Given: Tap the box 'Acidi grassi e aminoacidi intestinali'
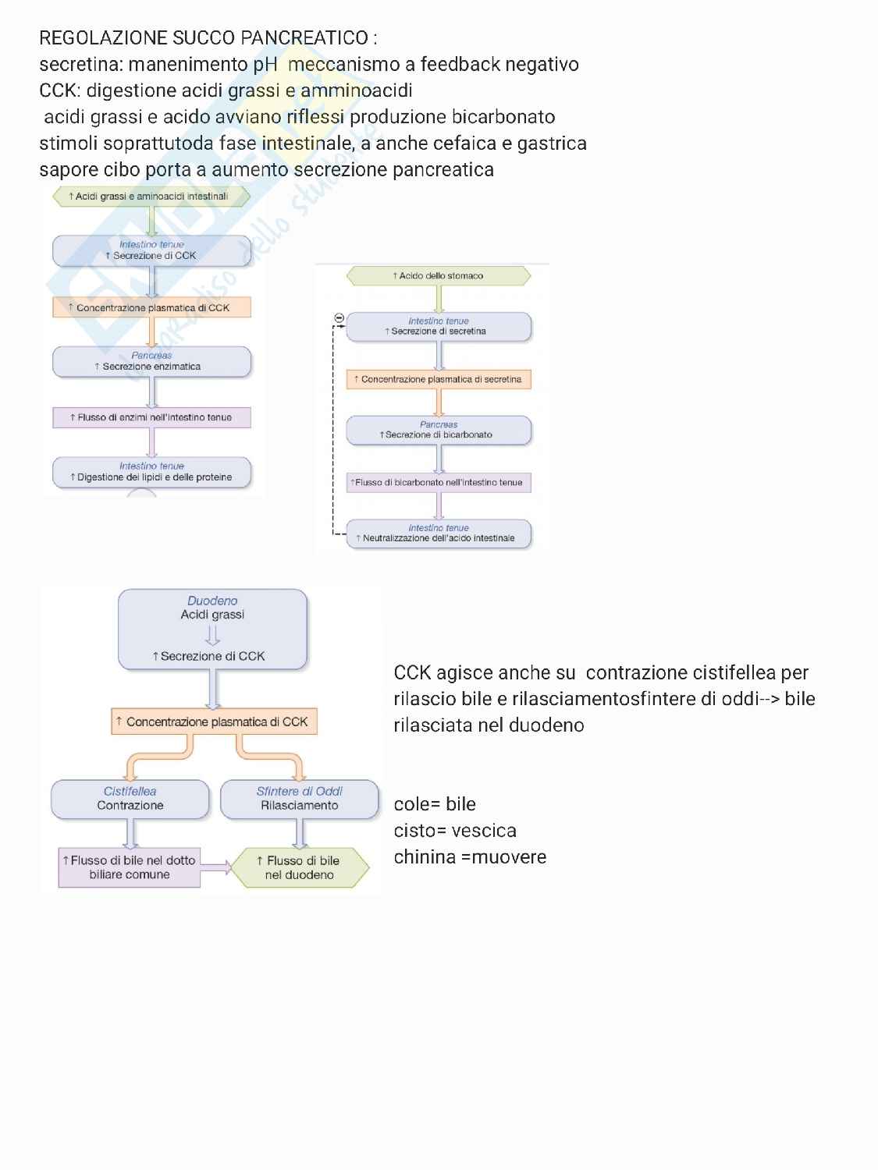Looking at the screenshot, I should pos(151,197).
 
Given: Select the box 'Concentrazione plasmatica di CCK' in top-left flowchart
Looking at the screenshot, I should pos(151,307).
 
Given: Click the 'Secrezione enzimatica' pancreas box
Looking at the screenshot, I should pos(151,361).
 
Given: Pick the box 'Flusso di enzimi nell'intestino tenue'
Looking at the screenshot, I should pos(151,417).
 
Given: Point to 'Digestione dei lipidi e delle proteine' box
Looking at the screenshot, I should pos(151,472).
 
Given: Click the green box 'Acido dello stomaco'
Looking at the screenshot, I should pos(438,275).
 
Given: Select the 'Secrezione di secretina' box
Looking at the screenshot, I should pos(438,326).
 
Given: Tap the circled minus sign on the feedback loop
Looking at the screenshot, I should pos(339,317).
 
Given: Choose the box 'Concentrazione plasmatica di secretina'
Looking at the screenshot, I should pos(438,379).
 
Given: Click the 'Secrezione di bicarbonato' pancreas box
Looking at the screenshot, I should pos(438,430).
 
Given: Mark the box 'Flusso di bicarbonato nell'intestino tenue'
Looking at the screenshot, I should pos(438,482).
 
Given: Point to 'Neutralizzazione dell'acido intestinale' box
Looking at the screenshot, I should pos(438,534).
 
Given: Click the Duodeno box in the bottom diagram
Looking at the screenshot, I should pos(212,629).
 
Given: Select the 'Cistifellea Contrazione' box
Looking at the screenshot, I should pos(130,799).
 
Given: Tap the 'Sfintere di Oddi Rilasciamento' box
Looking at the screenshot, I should pos(300,799).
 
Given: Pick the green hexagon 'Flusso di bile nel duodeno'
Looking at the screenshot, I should pos(300,867).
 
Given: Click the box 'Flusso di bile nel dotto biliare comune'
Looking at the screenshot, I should pos(130,867).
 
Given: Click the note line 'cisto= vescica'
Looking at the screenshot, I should pos(455,831).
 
